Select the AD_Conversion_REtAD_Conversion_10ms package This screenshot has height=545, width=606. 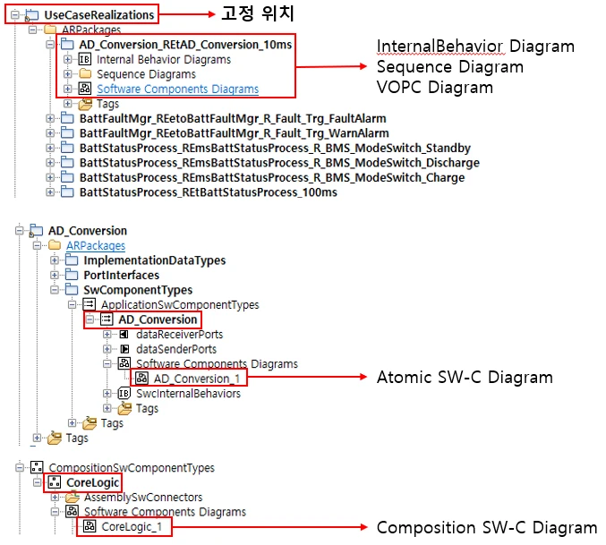tap(184, 44)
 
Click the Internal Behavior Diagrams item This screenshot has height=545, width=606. tap(163, 59)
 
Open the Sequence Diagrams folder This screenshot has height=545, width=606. tap(147, 74)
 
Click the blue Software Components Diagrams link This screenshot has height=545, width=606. tap(177, 89)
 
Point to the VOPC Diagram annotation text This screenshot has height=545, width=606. tap(434, 88)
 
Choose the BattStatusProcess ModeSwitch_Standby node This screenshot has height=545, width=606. tap(275, 148)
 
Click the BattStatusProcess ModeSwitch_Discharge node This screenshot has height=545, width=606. tap(278, 163)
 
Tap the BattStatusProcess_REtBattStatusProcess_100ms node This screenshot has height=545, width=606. tap(208, 192)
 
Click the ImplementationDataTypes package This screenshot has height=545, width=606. tap(154, 260)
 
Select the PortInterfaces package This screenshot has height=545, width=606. tap(121, 276)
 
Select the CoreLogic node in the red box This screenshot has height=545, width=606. tap(94, 482)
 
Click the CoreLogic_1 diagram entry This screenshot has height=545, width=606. tap(132, 526)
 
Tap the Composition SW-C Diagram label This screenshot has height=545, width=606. tap(486, 527)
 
